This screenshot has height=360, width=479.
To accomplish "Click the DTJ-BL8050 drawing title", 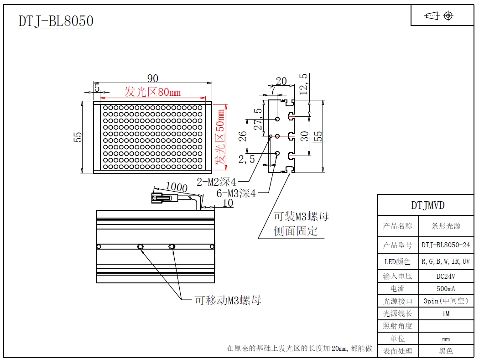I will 56,21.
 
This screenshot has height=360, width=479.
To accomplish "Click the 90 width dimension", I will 152,78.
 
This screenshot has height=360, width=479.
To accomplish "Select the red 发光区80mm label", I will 152,92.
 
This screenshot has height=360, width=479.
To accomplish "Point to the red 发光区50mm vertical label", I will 221,137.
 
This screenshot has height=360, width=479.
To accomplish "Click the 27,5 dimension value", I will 258,119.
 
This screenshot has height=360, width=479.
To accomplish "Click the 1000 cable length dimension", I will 177,187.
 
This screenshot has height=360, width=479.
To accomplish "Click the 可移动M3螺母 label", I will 228,300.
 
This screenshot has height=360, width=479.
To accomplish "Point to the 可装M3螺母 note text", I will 301,216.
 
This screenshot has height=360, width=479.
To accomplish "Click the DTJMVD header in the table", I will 427,205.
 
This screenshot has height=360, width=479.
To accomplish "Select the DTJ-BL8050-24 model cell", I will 445,245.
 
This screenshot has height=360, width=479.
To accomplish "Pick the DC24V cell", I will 446,276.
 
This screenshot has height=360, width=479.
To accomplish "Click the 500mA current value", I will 446,288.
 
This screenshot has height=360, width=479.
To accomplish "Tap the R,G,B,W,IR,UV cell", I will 445,261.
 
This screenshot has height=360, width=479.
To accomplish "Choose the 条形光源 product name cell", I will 446,226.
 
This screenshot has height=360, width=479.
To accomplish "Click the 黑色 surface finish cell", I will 446,351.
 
